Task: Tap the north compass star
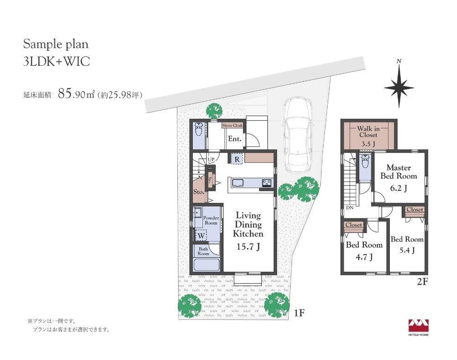point(399,87)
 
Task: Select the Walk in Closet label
point(369,132)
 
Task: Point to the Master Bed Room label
point(399,172)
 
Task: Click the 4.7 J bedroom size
point(364,257)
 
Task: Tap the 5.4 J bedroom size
point(407,250)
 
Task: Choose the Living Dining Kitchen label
point(248,225)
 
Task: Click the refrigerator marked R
point(237,159)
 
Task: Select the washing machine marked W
point(201,235)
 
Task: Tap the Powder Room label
point(211,221)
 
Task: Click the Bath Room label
point(203,251)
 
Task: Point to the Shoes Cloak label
point(232,126)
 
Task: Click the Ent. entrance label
point(234,139)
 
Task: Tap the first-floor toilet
point(199,130)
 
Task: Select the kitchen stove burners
point(267,183)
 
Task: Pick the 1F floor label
point(299,313)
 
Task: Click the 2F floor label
point(422,282)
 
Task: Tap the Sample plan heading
point(56,44)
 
